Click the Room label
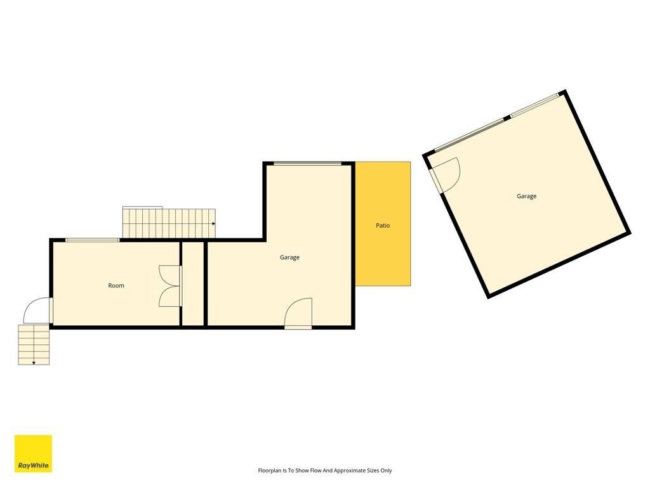[x=116, y=285]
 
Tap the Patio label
[x=383, y=225]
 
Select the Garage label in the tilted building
[x=526, y=197]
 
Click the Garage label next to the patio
[x=289, y=257]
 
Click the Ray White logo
[x=33, y=453]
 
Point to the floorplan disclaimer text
[x=325, y=471]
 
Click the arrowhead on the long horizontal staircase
[x=213, y=224]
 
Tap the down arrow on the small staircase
[x=34, y=363]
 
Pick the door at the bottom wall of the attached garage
[x=298, y=313]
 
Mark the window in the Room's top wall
[x=93, y=240]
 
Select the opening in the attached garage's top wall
[x=308, y=164]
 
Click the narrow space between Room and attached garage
[x=193, y=283]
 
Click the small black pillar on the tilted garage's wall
[x=507, y=119]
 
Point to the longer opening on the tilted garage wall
[x=469, y=135]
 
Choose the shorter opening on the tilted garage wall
[x=534, y=105]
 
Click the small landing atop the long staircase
[x=142, y=207]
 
